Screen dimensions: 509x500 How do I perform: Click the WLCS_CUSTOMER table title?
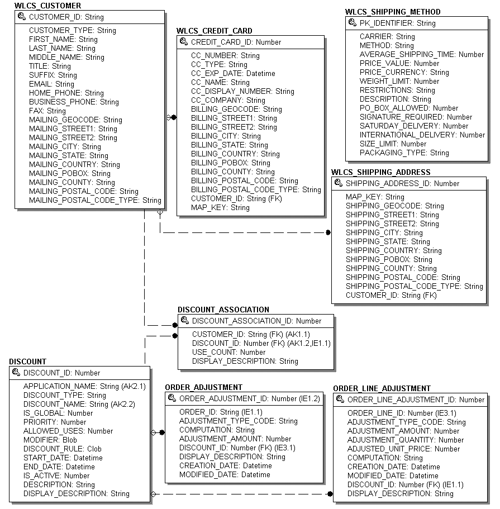(47, 6)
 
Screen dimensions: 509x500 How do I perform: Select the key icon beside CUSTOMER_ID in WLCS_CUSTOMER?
(22, 17)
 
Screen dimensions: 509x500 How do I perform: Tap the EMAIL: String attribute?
(51, 84)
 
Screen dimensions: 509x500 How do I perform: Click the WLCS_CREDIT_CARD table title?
(215, 31)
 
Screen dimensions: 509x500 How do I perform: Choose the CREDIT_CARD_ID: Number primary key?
(236, 42)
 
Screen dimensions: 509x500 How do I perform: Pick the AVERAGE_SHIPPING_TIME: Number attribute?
(422, 55)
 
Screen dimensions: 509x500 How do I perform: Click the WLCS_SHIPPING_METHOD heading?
(393, 12)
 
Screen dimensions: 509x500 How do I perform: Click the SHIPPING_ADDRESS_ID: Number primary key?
(402, 184)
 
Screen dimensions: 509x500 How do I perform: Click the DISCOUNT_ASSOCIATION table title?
(223, 310)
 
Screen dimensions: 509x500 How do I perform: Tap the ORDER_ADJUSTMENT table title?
(203, 387)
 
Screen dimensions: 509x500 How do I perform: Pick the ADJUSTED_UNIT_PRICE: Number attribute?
(403, 449)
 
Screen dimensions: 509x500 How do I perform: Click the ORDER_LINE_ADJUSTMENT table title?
(382, 388)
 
